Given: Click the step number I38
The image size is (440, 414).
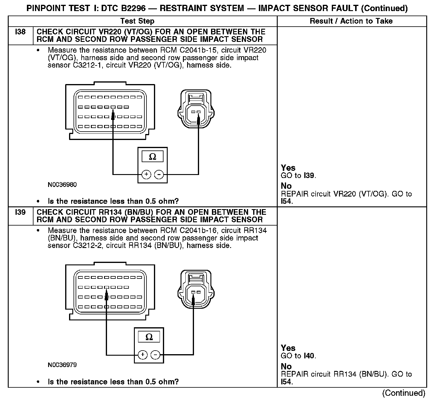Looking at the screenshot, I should [x=20, y=32].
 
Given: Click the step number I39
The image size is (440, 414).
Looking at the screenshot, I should [x=20, y=212].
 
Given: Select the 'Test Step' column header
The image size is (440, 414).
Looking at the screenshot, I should [x=137, y=21].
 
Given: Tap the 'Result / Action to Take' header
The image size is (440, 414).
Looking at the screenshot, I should [x=351, y=21].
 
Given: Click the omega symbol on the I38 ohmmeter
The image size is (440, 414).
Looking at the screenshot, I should [x=152, y=157].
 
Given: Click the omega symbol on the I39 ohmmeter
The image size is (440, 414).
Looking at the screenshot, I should [x=149, y=337].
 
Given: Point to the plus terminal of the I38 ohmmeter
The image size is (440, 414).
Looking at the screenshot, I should [x=146, y=174].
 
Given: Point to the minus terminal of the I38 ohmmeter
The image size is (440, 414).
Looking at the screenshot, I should [x=159, y=174].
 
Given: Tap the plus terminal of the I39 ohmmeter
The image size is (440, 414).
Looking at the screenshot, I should [x=143, y=355].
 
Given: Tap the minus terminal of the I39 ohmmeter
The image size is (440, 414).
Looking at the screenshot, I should [x=155, y=355].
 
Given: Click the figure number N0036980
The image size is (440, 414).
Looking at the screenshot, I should [x=62, y=185].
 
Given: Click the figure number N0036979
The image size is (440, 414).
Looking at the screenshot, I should [x=62, y=365].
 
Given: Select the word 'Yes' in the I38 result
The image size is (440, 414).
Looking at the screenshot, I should [x=288, y=168].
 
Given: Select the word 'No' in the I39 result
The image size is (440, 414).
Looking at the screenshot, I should [x=286, y=366].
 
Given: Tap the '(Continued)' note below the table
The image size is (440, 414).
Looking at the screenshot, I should [x=404, y=393].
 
